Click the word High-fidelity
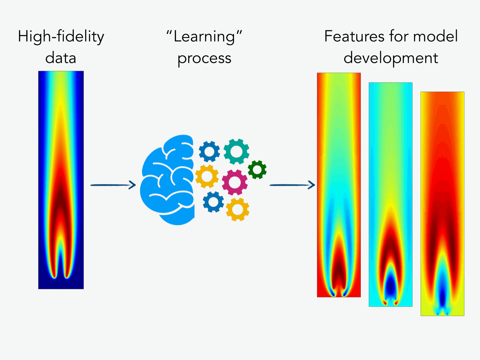[61, 37]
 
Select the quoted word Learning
[204, 37]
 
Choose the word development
[391, 58]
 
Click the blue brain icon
[167, 180]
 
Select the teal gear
[236, 151]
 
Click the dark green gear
[257, 169]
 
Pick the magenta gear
[235, 182]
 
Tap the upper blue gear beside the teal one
[209, 151]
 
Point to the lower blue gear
[213, 202]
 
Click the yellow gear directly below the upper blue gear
[207, 176]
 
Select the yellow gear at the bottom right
[237, 209]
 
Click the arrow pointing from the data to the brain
[113, 185]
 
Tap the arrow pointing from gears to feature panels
[292, 185]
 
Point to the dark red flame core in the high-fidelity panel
[61, 199]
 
